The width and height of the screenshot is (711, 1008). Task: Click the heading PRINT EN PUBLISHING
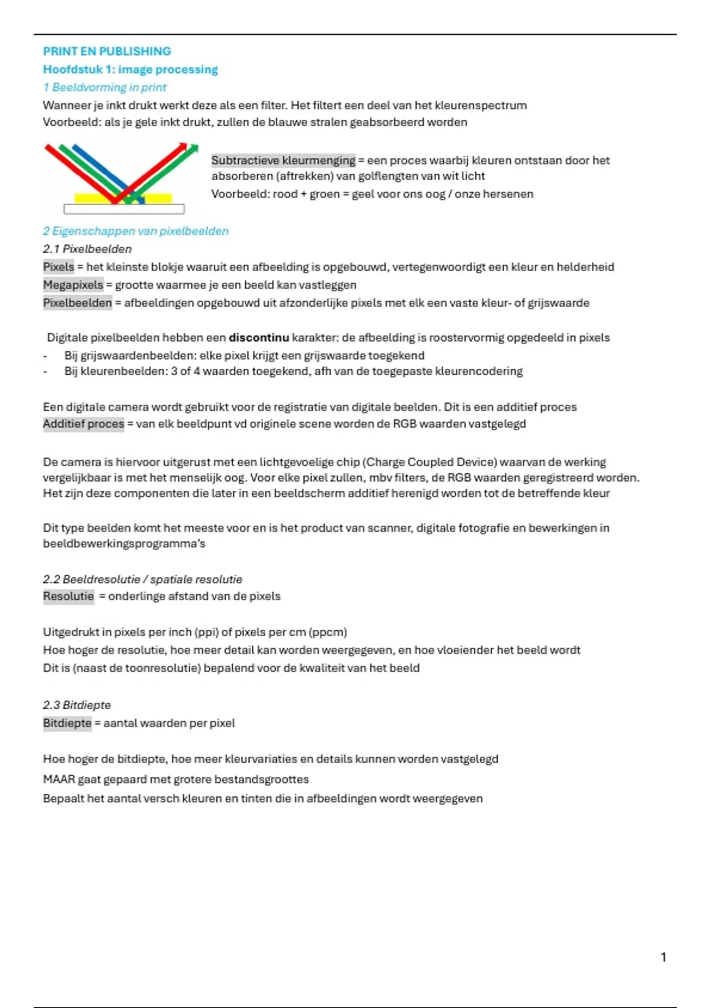click(107, 52)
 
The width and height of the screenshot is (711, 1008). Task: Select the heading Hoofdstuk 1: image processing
click(130, 69)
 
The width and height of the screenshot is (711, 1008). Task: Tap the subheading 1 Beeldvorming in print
click(104, 87)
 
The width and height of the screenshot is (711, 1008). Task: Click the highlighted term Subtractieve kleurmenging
click(283, 160)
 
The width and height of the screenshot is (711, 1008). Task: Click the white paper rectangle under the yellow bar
click(124, 209)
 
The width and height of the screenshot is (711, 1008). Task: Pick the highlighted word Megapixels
click(73, 285)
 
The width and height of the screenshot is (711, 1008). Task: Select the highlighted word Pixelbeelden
click(77, 303)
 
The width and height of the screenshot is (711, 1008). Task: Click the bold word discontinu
click(259, 337)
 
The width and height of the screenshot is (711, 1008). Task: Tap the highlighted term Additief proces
click(84, 424)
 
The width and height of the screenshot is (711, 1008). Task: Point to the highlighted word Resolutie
click(68, 596)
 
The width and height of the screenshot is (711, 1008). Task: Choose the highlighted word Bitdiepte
click(67, 723)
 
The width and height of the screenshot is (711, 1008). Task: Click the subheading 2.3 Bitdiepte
click(76, 705)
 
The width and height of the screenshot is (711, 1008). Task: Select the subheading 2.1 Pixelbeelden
click(87, 249)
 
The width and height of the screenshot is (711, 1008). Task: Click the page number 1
click(663, 956)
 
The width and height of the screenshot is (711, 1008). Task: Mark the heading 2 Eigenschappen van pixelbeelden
click(136, 231)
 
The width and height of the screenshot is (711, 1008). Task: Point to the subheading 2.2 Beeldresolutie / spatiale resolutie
click(142, 579)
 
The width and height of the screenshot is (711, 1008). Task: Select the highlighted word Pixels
click(59, 267)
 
